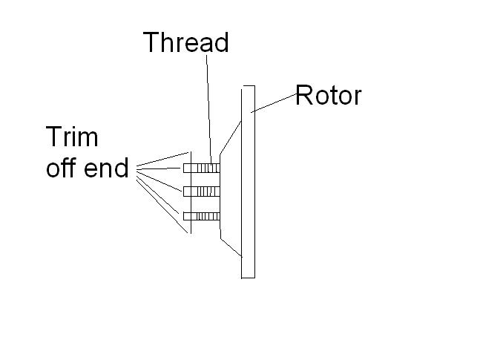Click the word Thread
[185, 42]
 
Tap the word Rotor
[328, 95]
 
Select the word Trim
[72, 137]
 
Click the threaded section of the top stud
[208, 168]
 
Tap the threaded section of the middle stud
[208, 192]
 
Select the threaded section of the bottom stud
[208, 216]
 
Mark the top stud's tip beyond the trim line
[187, 168]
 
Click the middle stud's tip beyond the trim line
[187, 192]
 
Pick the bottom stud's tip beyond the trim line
[187, 216]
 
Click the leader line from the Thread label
[208, 109]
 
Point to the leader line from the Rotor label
[273, 103]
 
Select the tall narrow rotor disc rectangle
[249, 182]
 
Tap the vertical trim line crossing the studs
[191, 192]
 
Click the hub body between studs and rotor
[231, 192]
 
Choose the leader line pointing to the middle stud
[159, 182]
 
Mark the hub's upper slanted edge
[231, 137]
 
